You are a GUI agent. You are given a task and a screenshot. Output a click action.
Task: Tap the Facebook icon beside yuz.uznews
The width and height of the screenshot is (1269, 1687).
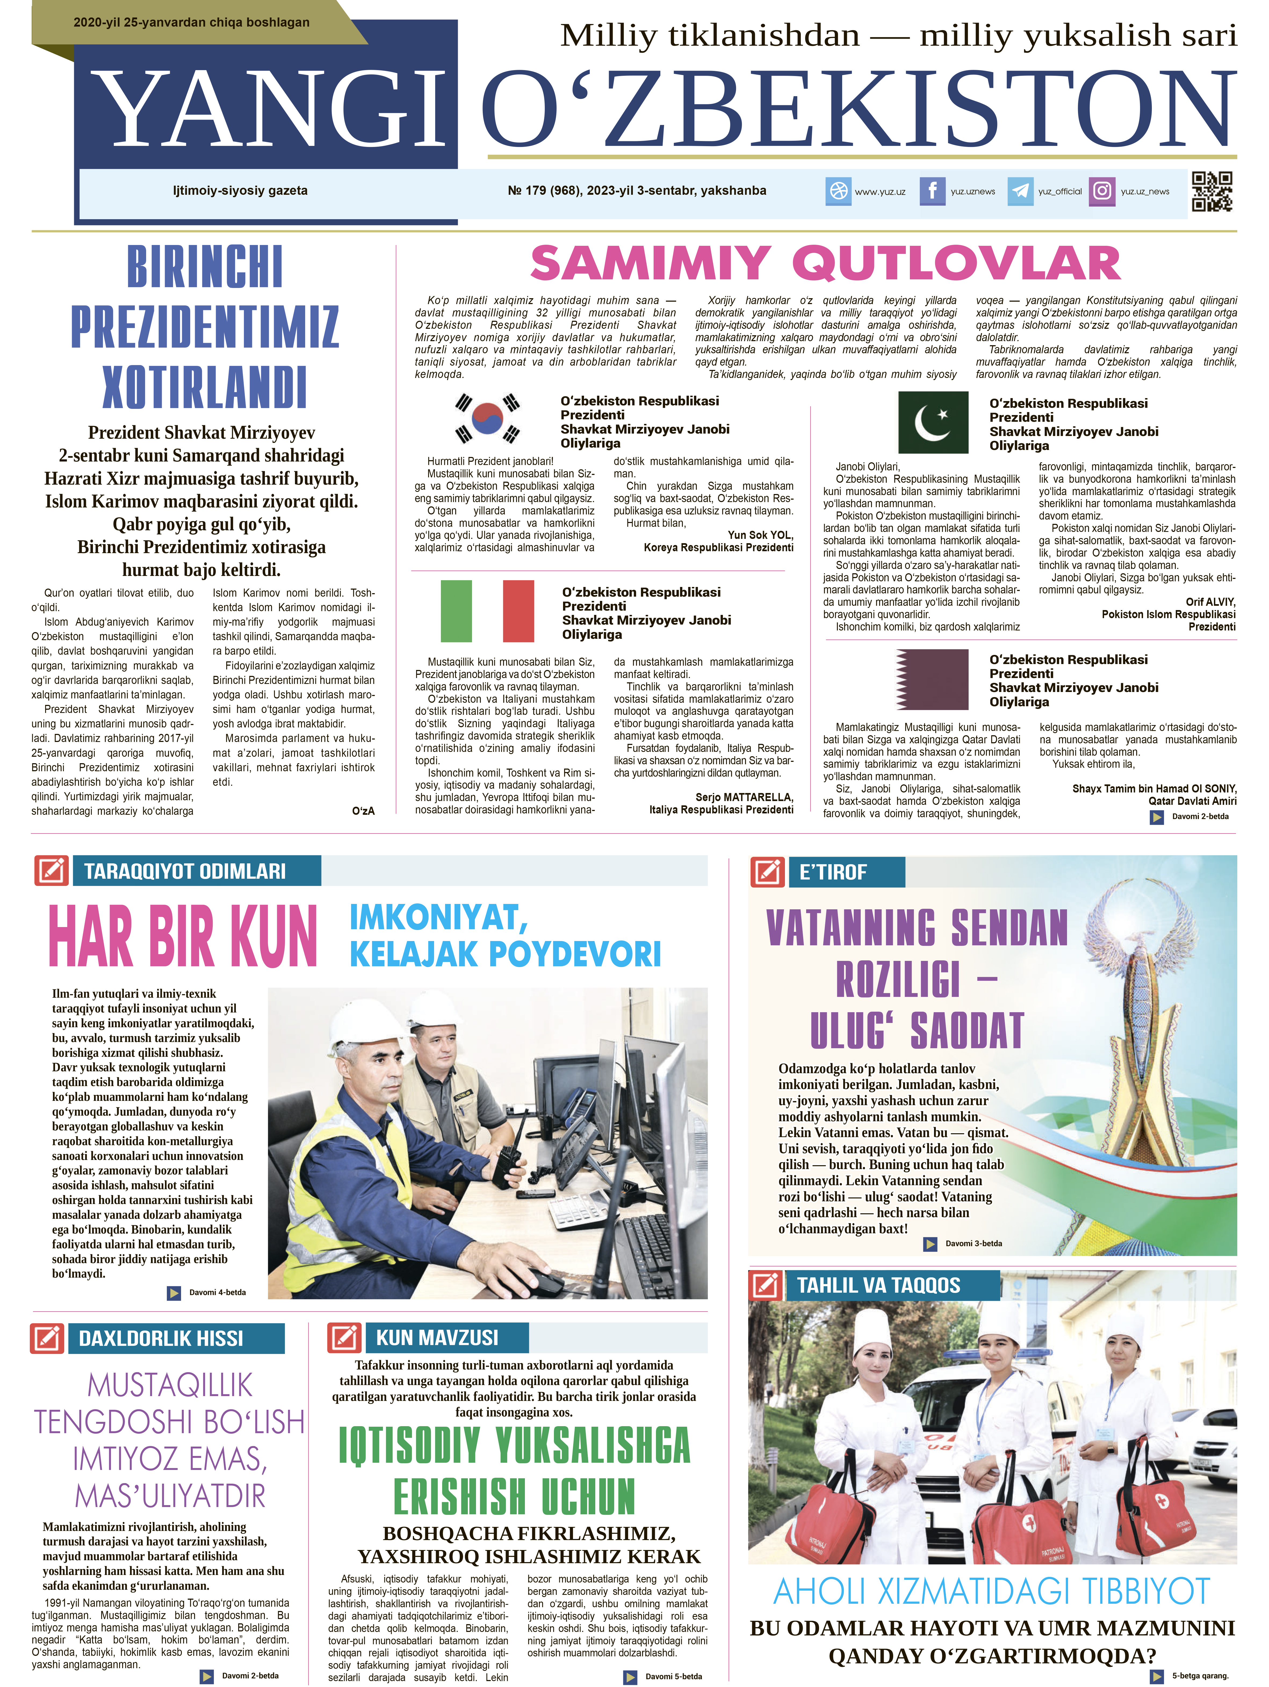point(932,191)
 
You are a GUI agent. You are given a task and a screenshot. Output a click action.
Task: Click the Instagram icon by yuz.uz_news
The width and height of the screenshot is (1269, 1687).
point(1102,191)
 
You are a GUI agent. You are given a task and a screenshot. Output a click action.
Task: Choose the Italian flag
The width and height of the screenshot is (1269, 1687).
point(487,611)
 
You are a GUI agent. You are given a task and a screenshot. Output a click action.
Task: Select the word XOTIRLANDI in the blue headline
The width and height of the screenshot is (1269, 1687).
point(204,387)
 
